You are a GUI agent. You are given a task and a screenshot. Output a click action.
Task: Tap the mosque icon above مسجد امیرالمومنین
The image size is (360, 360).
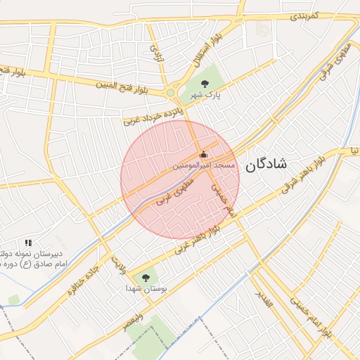coord(204,154)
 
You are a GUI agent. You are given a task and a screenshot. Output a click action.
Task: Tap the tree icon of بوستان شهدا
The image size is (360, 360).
coord(146,278)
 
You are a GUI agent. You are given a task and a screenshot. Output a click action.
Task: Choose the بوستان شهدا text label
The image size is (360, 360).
coord(146,288)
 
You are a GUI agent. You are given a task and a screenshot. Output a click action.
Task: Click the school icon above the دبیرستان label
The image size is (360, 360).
coord(28,243)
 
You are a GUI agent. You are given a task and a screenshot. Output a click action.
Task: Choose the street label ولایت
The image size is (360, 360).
coord(116,264)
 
